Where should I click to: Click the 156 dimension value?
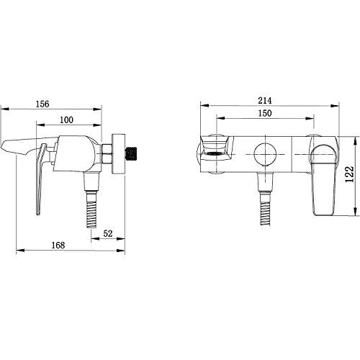42,104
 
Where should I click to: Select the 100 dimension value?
66,120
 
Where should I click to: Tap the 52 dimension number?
108,233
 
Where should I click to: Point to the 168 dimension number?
58,246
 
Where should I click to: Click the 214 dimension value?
265,101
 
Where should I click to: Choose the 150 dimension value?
265,113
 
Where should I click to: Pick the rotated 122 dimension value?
350,174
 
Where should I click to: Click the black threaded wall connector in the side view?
132,153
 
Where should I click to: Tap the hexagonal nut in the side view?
107,154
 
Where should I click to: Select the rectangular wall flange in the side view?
118,153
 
